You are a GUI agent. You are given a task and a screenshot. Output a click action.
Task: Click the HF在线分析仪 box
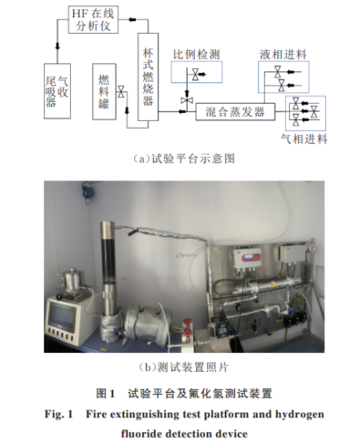point(93,19)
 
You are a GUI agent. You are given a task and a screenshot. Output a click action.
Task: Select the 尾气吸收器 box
point(57,91)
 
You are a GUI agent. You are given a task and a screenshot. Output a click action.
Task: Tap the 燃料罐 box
point(104,91)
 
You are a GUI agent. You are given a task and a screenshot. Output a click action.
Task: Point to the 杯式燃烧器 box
point(148,77)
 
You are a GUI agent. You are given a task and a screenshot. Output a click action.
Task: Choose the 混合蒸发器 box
point(235,112)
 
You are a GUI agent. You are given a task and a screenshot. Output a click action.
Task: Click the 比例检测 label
point(196,55)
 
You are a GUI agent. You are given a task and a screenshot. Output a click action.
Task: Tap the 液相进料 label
point(283,55)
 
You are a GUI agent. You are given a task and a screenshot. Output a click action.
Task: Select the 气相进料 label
point(303,139)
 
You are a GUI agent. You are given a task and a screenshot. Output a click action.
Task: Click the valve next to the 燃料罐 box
point(121,91)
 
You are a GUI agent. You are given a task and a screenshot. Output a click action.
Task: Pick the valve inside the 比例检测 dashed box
point(195,75)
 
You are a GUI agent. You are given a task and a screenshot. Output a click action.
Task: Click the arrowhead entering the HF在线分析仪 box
point(132,19)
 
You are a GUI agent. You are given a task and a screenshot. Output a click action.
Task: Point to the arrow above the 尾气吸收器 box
point(57,46)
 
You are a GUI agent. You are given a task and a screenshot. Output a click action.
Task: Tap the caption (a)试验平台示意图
point(184,159)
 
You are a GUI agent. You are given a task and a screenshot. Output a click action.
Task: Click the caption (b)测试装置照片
point(183,367)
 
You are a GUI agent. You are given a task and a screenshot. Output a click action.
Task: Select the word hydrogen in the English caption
point(300,414)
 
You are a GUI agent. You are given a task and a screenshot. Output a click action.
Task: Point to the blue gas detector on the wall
point(86,191)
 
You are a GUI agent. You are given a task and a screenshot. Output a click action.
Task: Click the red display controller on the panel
point(247,258)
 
